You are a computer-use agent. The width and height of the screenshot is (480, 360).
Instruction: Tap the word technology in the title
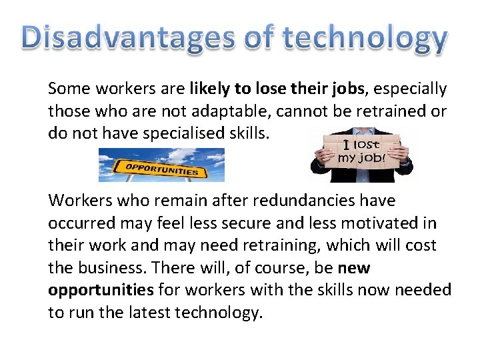(364, 38)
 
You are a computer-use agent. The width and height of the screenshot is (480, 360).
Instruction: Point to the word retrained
(392, 111)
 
